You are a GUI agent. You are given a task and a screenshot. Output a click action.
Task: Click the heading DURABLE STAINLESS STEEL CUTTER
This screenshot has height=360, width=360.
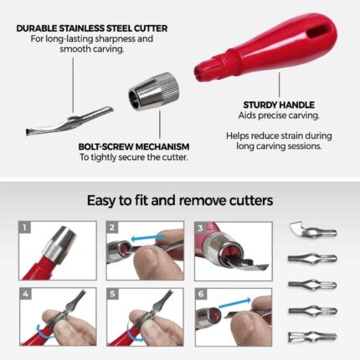pos(92,28)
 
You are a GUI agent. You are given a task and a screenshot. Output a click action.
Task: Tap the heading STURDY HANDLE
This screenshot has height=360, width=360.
pos(279,105)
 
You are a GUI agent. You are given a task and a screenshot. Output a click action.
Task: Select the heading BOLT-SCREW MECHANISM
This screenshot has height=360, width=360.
pos(134,147)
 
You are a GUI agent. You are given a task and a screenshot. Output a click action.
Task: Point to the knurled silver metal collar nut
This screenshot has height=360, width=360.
pos(154,91)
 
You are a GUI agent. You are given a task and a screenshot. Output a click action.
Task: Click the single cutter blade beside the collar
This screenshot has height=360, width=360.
pos(69,121)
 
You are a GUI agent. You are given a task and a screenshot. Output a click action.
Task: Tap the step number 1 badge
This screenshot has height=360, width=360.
pos(25,228)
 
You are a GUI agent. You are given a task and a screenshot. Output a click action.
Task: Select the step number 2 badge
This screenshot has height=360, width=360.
pos(112,228)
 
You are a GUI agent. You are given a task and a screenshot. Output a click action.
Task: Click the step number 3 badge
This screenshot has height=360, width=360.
pos(200,228)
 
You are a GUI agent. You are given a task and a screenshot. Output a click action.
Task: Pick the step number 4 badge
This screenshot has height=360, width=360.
pos(25,294)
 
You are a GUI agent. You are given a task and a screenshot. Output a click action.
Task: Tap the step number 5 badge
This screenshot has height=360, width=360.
pos(112,294)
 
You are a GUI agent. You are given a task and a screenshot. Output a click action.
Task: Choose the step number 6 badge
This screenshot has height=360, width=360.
pos(201,294)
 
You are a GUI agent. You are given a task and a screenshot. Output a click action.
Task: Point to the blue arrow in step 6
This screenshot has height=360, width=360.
pos(235,303)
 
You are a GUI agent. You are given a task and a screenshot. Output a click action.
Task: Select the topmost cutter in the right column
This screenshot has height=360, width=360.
pos(313,229)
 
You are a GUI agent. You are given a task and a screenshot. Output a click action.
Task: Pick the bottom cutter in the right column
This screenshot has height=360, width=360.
pos(312,336)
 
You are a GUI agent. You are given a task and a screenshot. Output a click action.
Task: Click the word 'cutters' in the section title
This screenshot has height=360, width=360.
pos(251,200)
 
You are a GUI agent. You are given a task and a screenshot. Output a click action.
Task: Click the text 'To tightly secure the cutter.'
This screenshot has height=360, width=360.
pos(134,157)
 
